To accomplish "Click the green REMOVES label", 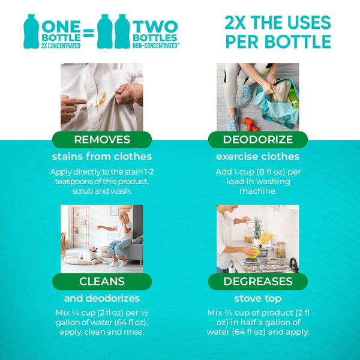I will tap(101, 140).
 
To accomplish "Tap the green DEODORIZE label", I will tap(258, 140).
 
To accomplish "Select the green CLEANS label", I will tap(101, 281).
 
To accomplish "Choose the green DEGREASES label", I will tap(258, 281).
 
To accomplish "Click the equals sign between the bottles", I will tap(88, 32).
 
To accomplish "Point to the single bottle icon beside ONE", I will tap(31, 31).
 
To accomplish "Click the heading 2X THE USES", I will tap(277, 23).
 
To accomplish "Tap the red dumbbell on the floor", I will tap(250, 124).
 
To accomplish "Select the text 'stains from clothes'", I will tap(101, 157).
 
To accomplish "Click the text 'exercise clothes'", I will tap(258, 157).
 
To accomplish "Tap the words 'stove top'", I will tap(258, 298).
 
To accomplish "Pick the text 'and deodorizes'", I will tap(101, 298).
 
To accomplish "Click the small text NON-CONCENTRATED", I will tap(156, 44).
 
